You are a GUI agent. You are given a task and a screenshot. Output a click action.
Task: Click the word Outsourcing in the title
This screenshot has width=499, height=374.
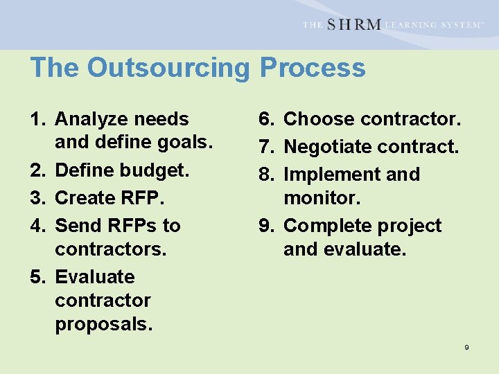coord(170,68)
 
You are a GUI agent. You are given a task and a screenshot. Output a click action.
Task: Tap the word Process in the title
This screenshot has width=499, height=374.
coord(313,68)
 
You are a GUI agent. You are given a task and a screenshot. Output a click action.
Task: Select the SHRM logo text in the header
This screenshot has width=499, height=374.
coord(353,24)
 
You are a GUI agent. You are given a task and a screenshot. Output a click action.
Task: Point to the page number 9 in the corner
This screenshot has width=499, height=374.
coord(466,347)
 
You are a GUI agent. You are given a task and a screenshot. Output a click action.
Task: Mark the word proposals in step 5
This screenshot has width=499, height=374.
coord(103,324)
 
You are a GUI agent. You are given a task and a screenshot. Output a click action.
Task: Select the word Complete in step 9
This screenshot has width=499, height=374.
coord(329,226)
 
